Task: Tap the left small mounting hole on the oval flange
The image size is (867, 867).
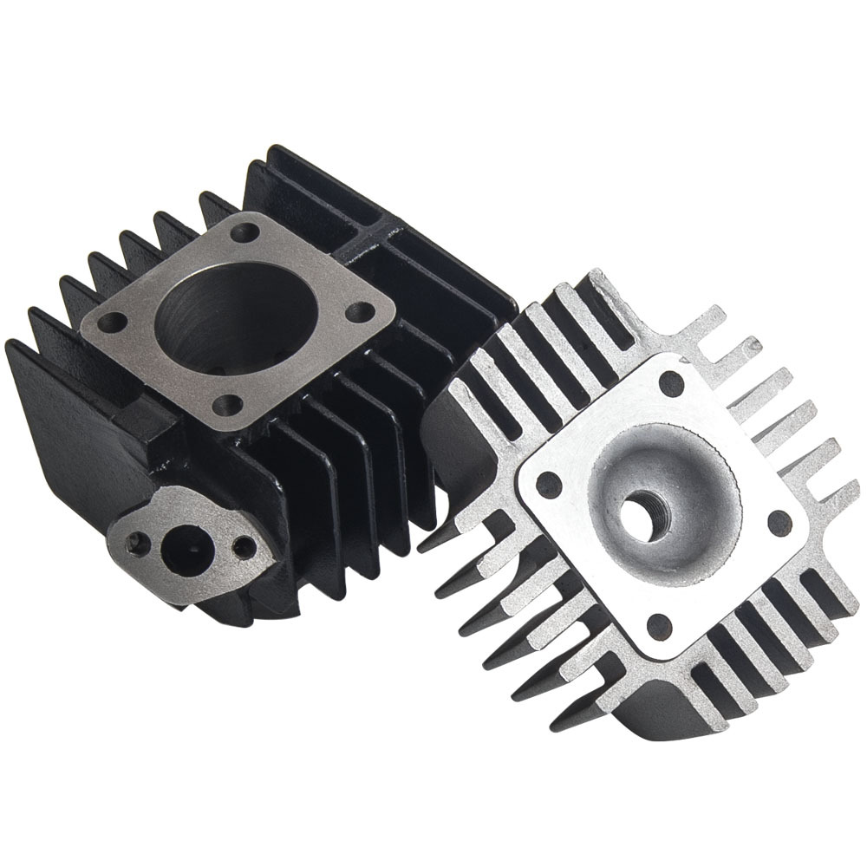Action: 133,544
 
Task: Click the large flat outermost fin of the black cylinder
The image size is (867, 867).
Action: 52,416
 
